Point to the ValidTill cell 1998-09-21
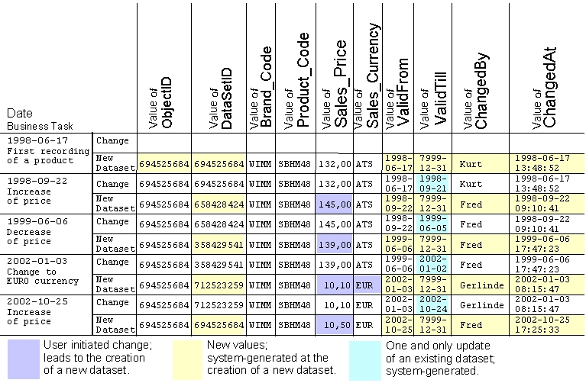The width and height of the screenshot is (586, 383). [x=432, y=184]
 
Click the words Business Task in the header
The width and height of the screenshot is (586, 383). [x=40, y=126]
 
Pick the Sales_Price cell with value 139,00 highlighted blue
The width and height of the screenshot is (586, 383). [x=334, y=245]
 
